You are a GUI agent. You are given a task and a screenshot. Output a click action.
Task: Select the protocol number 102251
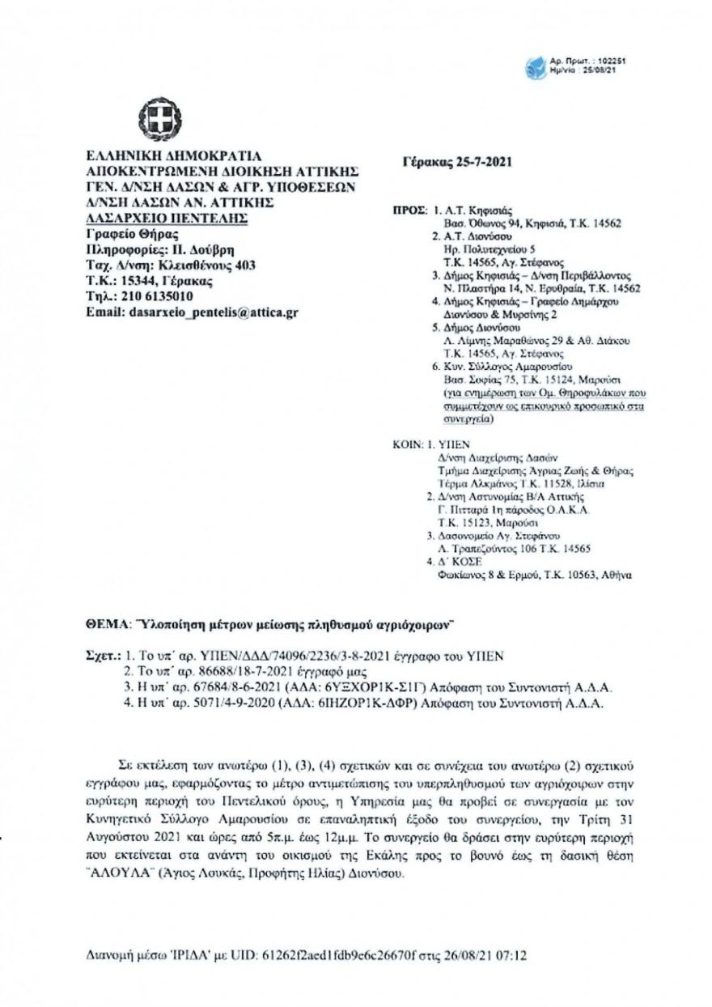[x=609, y=61]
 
